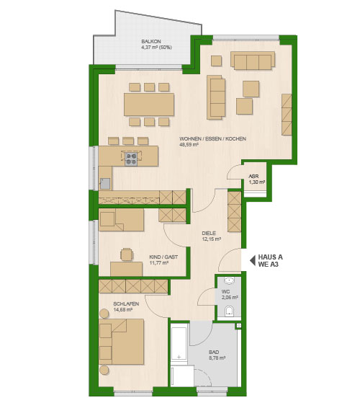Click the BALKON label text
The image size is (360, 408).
click(x=151, y=41)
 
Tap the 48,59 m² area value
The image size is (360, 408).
click(x=189, y=145)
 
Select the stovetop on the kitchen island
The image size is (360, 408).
click(x=131, y=159)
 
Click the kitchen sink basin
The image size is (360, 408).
click(x=105, y=183)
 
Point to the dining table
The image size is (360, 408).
click(x=149, y=105)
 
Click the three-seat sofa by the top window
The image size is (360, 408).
click(x=253, y=61)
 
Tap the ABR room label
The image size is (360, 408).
click(x=253, y=176)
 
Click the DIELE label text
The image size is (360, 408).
click(x=209, y=233)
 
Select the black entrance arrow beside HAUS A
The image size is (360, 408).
click(x=252, y=260)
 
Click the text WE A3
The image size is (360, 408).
click(x=269, y=265)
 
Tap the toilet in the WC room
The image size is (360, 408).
click(x=229, y=311)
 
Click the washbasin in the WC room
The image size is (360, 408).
click(x=229, y=280)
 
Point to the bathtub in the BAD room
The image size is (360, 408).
click(x=179, y=343)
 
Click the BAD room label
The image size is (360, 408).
click(x=214, y=352)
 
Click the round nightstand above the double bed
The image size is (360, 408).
click(x=104, y=314)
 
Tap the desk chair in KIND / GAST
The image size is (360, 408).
click(x=127, y=254)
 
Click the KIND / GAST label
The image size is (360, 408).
click(x=163, y=257)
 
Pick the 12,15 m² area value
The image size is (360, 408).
click(x=212, y=239)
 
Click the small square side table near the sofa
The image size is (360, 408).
click(x=216, y=61)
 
